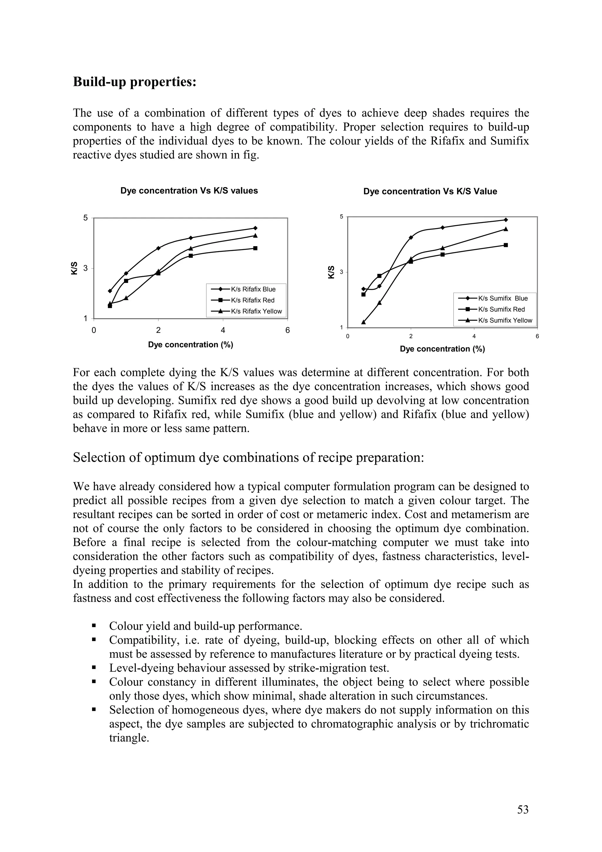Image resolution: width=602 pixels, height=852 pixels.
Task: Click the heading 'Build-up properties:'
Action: [134, 82]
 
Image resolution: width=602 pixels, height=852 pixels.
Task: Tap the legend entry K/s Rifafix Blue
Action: [253, 289]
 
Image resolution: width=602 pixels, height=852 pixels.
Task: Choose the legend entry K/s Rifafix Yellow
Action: [256, 311]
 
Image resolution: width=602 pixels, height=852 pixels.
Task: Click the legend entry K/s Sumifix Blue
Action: [503, 298]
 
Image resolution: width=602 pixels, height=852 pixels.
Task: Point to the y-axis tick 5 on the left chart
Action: [86, 218]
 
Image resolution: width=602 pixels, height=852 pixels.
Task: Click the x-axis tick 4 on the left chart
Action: [223, 330]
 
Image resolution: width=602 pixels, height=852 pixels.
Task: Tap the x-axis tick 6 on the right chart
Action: [537, 336]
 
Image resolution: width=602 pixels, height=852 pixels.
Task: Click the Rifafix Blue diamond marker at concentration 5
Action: [255, 228]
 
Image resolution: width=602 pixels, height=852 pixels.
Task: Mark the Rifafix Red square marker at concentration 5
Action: [255, 248]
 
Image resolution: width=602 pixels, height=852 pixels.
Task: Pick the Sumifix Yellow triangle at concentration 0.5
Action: [364, 322]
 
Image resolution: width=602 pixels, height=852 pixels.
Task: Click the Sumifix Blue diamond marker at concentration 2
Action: [411, 238]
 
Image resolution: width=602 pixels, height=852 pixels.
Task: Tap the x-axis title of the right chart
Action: [442, 349]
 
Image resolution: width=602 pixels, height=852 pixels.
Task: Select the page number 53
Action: [523, 810]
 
